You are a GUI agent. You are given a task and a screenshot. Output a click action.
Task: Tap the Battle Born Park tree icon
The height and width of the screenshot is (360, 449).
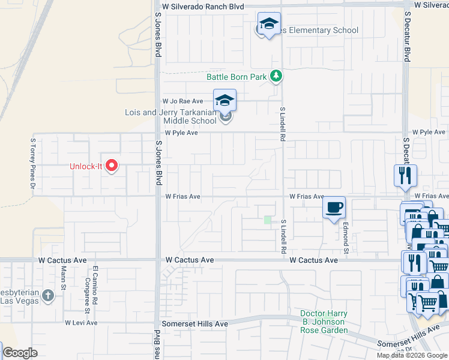[x=276, y=76]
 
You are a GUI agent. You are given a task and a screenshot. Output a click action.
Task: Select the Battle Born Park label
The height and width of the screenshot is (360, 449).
[x=237, y=77]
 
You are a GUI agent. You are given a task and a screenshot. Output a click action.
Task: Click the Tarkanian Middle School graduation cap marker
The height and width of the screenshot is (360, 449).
[x=224, y=100]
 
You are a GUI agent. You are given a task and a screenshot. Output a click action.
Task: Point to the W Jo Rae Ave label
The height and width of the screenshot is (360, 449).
[x=182, y=101]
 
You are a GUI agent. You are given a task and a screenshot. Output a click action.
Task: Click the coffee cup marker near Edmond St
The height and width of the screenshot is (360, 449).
[x=334, y=208]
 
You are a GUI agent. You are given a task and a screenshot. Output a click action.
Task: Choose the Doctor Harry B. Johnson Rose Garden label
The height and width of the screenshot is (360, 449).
[x=324, y=322]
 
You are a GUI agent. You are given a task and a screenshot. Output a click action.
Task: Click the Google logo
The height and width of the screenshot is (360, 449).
[x=20, y=353]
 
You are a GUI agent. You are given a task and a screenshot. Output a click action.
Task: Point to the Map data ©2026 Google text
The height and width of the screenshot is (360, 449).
[x=412, y=355]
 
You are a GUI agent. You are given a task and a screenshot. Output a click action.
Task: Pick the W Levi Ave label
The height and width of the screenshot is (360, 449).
[x=81, y=323]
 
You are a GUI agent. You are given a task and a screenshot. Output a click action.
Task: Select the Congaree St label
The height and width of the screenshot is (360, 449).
[x=87, y=295]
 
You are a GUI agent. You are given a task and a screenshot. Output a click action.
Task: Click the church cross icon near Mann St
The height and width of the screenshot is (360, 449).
[x=62, y=296]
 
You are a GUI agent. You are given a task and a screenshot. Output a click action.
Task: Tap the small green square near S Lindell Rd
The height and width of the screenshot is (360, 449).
[x=268, y=220]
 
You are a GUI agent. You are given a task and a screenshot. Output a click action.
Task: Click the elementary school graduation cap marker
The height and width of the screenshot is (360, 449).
[x=269, y=25]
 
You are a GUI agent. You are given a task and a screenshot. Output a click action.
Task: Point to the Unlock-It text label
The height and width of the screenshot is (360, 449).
[x=86, y=166]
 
